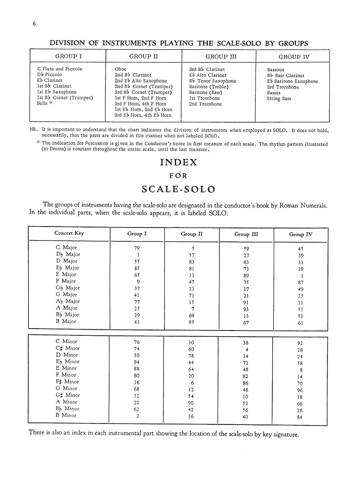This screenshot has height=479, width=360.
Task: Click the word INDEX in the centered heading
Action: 178,162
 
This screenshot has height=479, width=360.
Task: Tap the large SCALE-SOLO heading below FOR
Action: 178,189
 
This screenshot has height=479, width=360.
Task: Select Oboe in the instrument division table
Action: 120,69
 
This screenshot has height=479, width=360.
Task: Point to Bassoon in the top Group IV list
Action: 276,70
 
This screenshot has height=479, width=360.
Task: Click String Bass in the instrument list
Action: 279,99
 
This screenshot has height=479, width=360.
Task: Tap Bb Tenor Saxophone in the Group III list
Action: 212,81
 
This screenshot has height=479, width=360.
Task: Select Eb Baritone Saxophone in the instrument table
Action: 292,81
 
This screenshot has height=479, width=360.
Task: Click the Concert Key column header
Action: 69,233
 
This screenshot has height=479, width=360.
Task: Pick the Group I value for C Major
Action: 137,248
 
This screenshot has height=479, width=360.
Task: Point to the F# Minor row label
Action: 67,382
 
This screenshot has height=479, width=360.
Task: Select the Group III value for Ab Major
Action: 246,302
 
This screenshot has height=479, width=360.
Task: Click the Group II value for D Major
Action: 191,262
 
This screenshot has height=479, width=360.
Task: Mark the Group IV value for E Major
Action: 300,275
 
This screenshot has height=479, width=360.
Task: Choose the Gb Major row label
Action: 67,288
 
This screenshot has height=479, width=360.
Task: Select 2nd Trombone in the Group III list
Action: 205,104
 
